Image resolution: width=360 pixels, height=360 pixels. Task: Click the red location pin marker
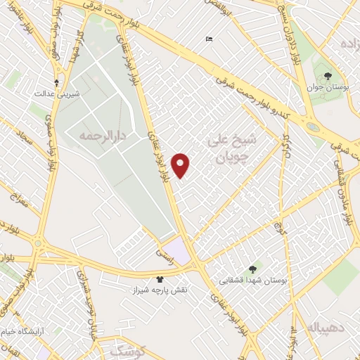tap(181, 165)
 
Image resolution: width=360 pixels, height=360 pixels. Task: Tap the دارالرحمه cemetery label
tap(96, 134)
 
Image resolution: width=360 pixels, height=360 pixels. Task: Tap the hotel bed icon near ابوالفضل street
tap(208, 39)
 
